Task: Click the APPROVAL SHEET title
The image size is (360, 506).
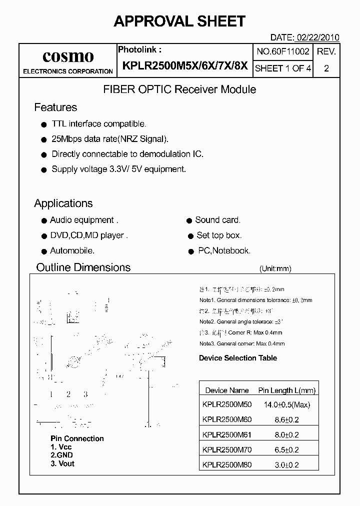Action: point(179,21)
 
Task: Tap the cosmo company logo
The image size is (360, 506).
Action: point(68,56)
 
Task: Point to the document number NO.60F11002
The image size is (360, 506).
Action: point(283,51)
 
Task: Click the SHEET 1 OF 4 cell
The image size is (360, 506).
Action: point(283,68)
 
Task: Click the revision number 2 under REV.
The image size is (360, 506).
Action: point(326,69)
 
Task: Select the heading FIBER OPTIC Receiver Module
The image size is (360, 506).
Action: point(179,89)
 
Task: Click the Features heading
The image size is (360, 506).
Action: point(55,107)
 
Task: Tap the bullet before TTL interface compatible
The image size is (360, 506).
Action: point(43,124)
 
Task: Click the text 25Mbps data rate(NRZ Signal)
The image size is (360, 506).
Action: point(110,139)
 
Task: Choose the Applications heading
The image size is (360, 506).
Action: point(63,203)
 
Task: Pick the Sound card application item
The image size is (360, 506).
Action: point(217,220)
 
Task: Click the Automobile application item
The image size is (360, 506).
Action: point(72,251)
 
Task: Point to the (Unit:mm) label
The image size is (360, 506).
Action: point(275,268)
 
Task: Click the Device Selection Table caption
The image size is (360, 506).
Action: point(238,358)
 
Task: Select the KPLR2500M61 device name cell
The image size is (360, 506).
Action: point(227,435)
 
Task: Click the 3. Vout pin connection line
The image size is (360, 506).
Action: point(62,463)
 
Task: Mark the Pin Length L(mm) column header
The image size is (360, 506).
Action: point(286,390)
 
